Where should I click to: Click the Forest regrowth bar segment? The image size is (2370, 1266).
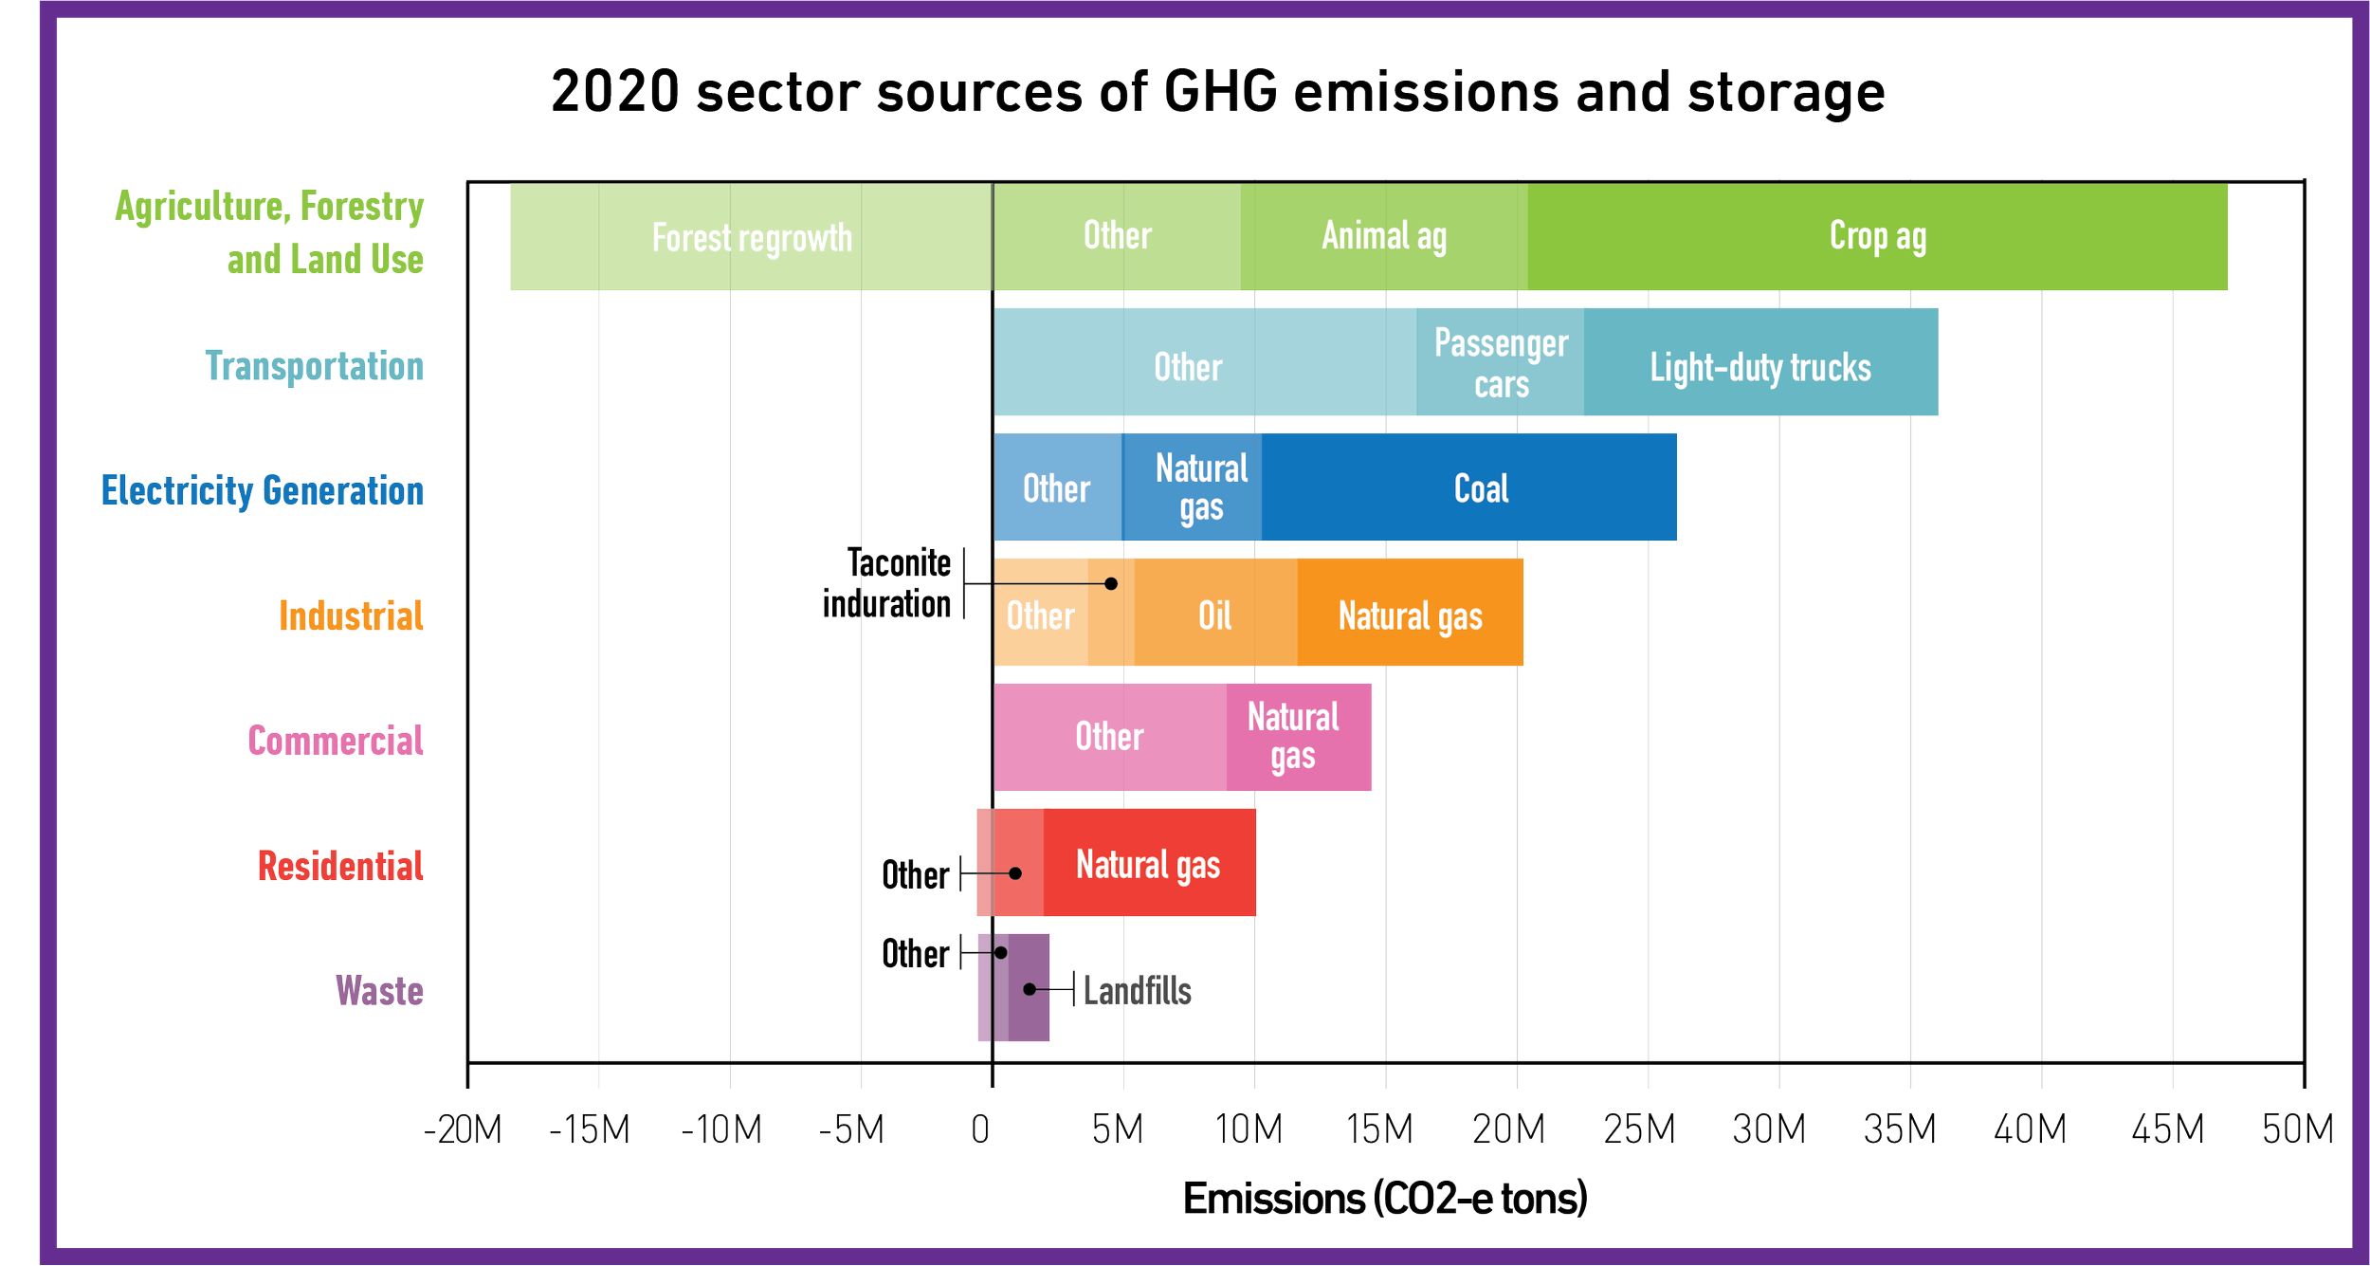(751, 236)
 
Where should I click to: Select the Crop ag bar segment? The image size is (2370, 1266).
(1877, 236)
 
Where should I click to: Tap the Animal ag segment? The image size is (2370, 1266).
(1384, 236)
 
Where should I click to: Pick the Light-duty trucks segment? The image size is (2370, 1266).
(1760, 361)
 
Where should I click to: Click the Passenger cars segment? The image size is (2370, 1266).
(1500, 361)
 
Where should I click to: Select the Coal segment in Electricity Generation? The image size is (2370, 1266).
(1468, 486)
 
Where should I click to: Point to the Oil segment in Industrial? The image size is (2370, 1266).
(1215, 612)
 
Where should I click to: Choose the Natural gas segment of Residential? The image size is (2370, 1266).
(1149, 862)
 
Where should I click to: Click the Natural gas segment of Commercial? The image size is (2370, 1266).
(1299, 737)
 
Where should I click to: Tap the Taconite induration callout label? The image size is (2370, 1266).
(886, 583)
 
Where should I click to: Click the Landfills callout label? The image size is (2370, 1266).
(1138, 991)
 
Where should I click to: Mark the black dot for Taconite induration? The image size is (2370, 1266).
(1111, 583)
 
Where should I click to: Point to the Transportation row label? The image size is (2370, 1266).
(315, 366)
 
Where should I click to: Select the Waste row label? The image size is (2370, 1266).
(379, 991)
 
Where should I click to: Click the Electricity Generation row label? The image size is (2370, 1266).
(263, 491)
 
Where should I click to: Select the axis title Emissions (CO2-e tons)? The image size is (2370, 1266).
(1385, 1199)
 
